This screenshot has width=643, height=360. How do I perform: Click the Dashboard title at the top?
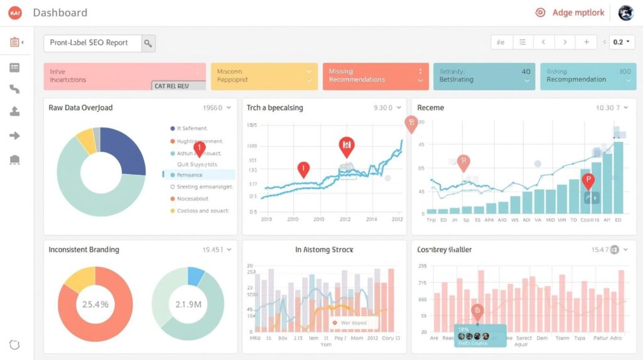pos(60,13)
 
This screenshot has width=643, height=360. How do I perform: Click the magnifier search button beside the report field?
pos(148,43)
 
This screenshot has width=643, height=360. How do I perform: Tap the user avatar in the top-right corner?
pos(625,13)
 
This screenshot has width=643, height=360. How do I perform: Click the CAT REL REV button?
pos(179,86)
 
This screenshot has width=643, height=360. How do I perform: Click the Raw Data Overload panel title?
pos(80,107)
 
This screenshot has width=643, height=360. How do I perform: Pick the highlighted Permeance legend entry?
pos(198,175)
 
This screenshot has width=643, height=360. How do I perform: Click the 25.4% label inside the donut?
pos(95,305)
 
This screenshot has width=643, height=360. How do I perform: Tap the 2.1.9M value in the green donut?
pos(188,305)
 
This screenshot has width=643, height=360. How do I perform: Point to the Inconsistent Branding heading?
pos(84,249)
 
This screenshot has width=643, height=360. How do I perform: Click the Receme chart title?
pos(430,107)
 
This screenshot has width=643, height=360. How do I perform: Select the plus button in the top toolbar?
pos(586,42)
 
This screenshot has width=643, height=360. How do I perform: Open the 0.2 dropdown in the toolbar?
pos(622,42)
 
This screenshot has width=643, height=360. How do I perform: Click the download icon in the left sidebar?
pos(14,112)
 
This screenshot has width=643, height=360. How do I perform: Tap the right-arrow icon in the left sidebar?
pos(14,136)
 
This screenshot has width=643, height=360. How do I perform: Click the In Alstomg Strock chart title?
pos(324,249)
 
